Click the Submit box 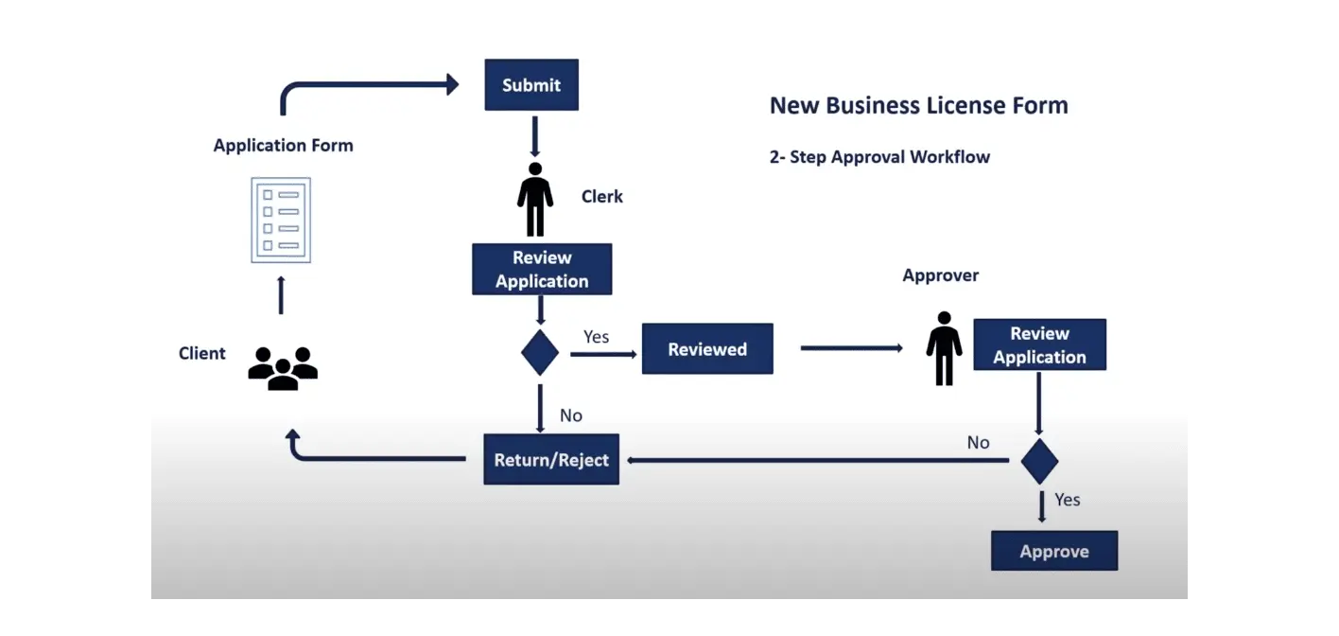tap(530, 85)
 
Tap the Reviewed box tap(707, 349)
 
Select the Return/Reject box tap(551, 460)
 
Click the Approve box tap(1054, 552)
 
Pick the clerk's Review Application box tap(542, 270)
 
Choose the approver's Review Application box tap(1039, 344)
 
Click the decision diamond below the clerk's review tap(540, 352)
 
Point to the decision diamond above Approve tap(1039, 461)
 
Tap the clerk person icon tap(535, 199)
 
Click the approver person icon tap(944, 348)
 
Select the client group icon tap(283, 368)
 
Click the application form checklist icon tap(281, 220)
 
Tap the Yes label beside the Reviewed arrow tap(596, 337)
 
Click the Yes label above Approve tap(1067, 500)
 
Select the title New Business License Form tap(918, 105)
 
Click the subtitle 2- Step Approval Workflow tap(879, 157)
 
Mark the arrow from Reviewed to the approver tap(851, 348)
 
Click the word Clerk tap(602, 197)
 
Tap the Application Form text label tap(283, 146)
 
